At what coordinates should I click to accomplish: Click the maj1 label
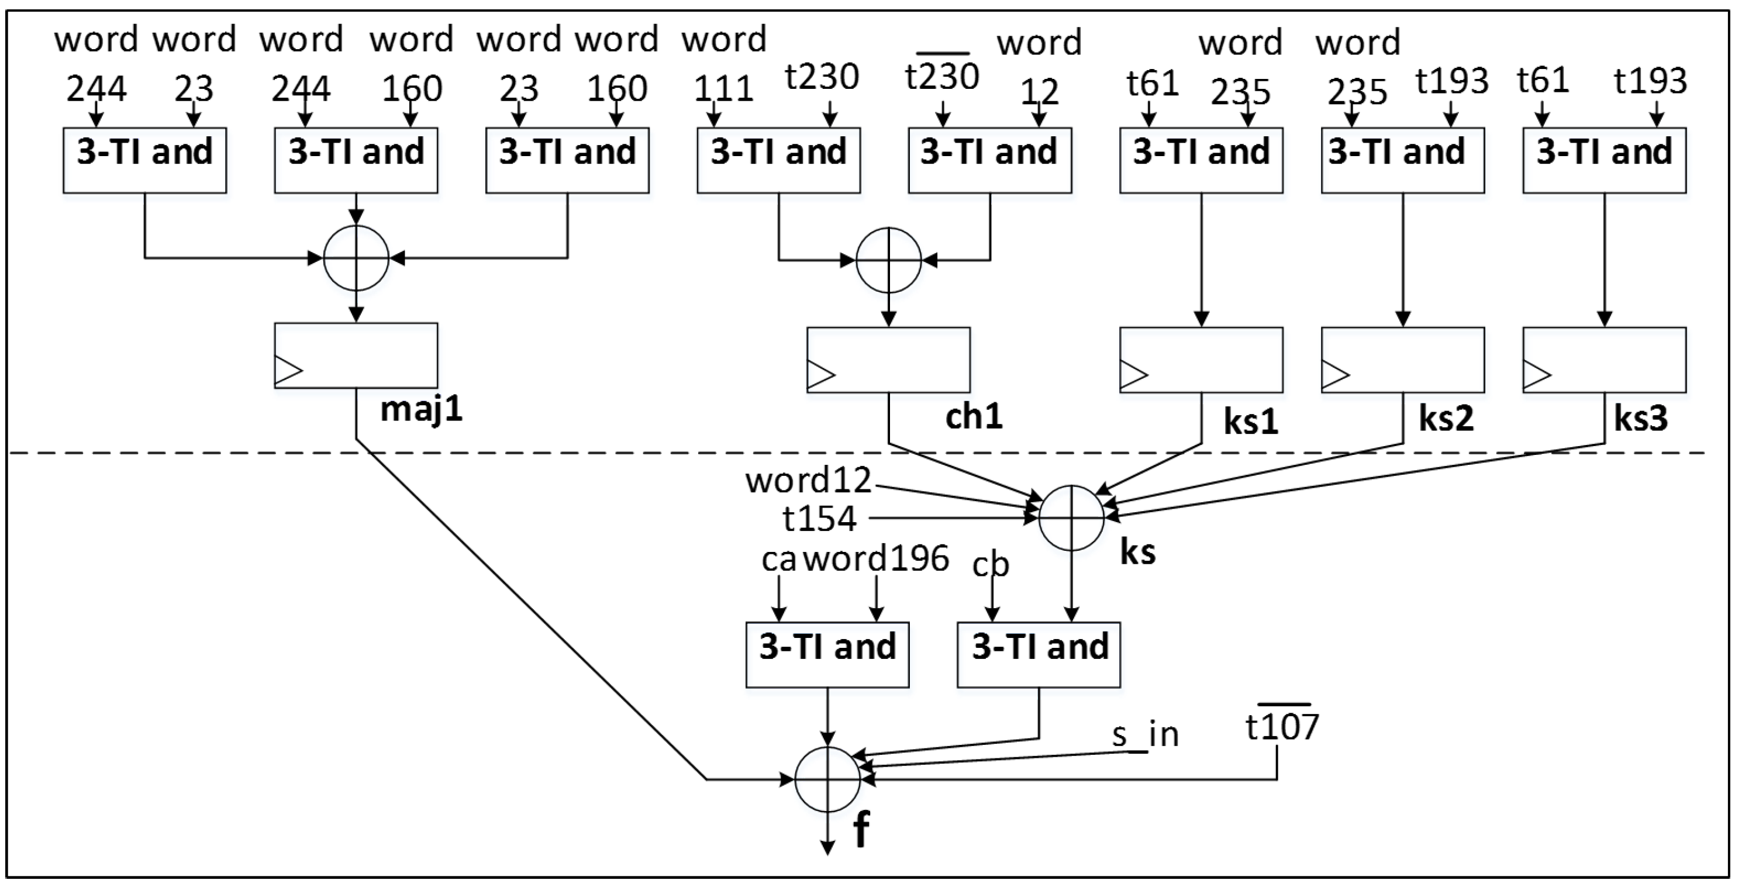[x=421, y=410]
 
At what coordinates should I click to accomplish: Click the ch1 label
[x=973, y=416]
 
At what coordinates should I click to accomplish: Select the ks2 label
[x=1446, y=419]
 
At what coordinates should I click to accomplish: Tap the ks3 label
[x=1641, y=419]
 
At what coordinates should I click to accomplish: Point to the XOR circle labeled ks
[x=1071, y=518]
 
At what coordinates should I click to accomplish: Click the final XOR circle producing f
[x=827, y=779]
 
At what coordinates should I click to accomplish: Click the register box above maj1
[x=356, y=356]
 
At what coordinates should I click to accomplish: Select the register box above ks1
[x=1201, y=360]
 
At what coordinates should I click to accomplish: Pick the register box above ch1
[x=888, y=360]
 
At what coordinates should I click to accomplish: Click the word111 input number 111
[x=723, y=88]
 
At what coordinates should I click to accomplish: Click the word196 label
[x=877, y=558]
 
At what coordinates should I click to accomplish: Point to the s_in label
[x=1145, y=734]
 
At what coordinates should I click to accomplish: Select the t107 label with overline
[x=1281, y=726]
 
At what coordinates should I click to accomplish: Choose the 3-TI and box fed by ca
[x=827, y=654]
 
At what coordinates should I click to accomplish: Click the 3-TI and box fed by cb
[x=1039, y=654]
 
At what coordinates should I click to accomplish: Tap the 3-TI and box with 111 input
[x=778, y=160]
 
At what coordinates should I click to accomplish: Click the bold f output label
[x=860, y=830]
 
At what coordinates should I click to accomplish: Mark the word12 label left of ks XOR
[x=808, y=481]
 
